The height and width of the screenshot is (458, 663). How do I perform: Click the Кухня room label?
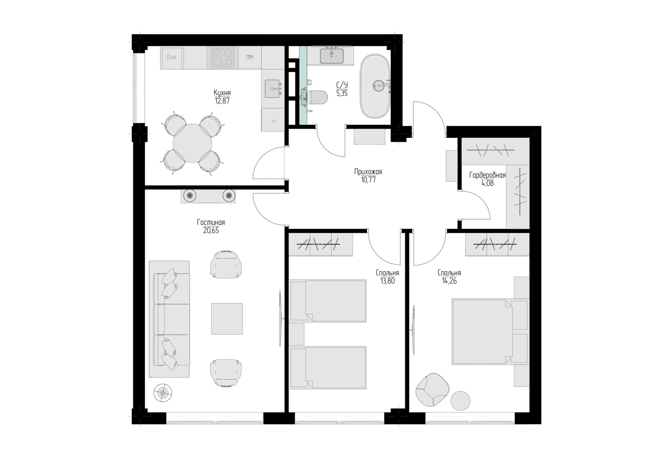222,93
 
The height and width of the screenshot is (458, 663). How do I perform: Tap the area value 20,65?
211,231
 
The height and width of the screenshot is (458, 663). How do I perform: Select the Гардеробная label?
487,175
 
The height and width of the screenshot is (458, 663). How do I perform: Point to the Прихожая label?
368,172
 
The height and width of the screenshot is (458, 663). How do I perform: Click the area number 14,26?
449,281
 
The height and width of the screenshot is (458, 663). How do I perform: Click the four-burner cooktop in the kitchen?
222,57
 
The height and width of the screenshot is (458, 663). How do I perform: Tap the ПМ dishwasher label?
250,57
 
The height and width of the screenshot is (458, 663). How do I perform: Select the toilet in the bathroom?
314,98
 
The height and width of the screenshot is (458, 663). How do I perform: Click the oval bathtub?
375,86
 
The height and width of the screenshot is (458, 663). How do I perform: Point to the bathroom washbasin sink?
331,56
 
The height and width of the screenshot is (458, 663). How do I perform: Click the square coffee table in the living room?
227,319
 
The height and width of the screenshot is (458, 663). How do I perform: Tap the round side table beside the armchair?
460,401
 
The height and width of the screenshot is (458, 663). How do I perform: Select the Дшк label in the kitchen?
171,57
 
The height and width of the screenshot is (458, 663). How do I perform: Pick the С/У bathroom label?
342,85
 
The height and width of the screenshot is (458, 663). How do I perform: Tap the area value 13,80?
387,281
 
